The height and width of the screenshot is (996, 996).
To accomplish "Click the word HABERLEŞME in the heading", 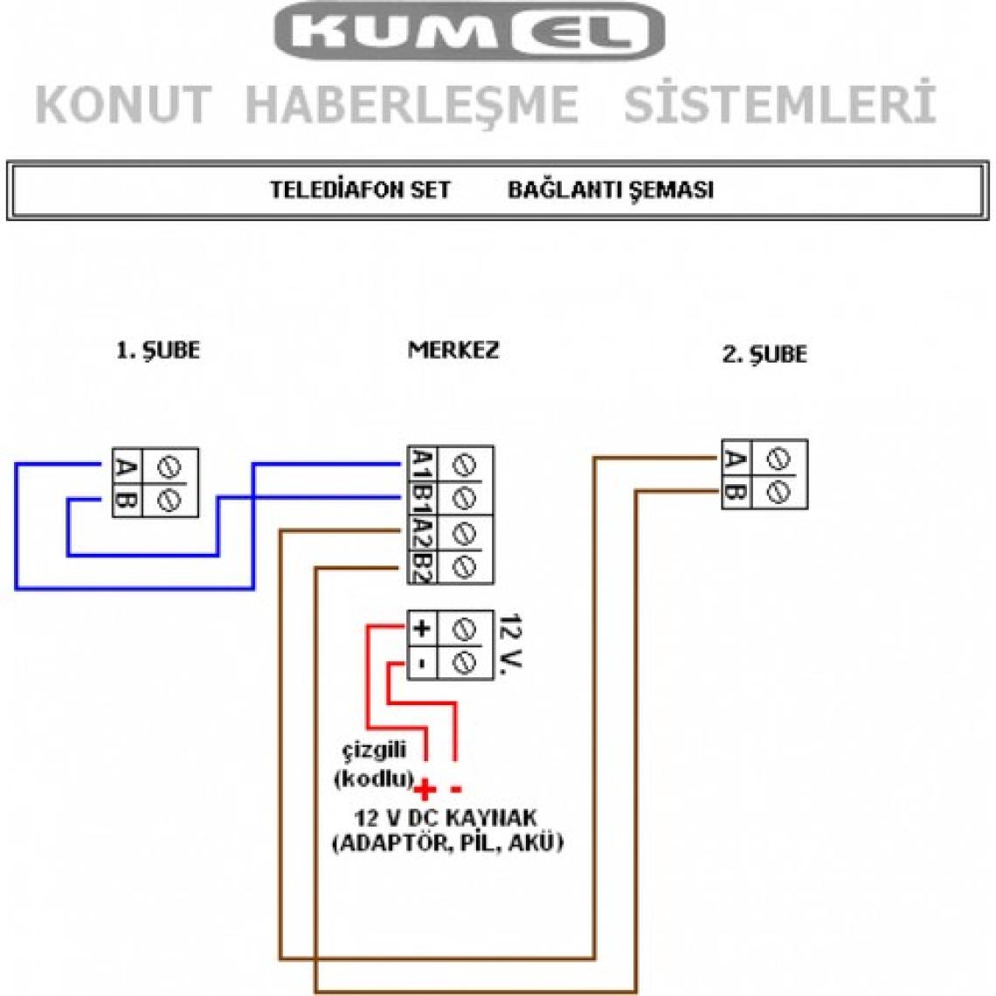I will [x=412, y=104].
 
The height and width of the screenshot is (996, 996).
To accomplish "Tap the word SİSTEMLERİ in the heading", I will [x=778, y=104].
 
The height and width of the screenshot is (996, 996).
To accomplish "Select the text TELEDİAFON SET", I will [x=360, y=190].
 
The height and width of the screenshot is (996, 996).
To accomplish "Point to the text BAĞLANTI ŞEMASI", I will [x=611, y=190].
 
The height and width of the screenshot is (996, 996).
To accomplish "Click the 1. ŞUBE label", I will [x=158, y=350].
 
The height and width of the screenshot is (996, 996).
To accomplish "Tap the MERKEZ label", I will [x=453, y=349].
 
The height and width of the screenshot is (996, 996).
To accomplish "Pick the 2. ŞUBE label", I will [x=764, y=355].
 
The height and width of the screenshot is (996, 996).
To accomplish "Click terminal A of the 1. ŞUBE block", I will [x=126, y=467].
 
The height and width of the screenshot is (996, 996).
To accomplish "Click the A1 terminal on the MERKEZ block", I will [x=421, y=463].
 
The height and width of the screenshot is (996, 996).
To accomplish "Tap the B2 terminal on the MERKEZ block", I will [x=421, y=568].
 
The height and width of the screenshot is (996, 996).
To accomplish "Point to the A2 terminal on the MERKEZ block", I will [x=421, y=533].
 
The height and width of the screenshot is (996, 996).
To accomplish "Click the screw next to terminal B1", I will [x=464, y=498].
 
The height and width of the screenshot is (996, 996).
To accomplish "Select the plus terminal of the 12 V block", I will [x=421, y=627].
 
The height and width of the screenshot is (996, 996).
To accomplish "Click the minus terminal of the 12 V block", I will [x=421, y=662].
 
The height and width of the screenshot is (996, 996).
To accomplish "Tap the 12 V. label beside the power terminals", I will [x=507, y=645].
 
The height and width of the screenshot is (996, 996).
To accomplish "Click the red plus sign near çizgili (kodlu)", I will [x=425, y=791].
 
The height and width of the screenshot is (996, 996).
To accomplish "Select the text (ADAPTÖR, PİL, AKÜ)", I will [x=447, y=844].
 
